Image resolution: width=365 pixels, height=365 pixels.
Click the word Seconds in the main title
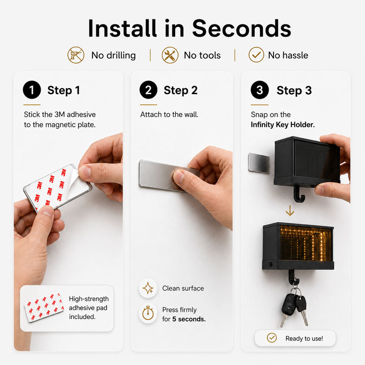[x=241, y=28]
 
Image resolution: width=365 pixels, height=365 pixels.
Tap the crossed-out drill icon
[x=76, y=55]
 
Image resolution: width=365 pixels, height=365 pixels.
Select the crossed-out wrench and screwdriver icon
[x=170, y=55]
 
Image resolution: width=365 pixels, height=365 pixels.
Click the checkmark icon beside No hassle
[x=256, y=55]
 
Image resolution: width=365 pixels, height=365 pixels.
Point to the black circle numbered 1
[x=32, y=90]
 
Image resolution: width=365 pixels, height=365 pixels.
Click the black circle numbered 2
[x=148, y=90]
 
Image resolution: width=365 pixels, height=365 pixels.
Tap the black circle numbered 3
[x=260, y=90]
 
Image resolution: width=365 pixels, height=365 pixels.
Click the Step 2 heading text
[x=181, y=90]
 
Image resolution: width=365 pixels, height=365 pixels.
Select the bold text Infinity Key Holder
[x=282, y=125]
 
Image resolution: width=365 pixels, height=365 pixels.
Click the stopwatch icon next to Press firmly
[x=148, y=313]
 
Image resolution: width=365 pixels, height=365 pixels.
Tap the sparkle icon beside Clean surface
[x=148, y=288]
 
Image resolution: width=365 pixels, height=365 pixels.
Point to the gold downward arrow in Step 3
[x=290, y=211]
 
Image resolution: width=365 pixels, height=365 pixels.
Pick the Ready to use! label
[x=304, y=338]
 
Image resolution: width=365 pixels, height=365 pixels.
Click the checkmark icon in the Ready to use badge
[x=272, y=338]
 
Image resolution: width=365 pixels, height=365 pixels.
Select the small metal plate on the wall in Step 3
[x=259, y=163]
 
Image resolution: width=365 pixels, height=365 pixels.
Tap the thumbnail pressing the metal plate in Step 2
[x=179, y=176]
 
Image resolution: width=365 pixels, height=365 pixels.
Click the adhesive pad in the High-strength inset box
[x=44, y=307]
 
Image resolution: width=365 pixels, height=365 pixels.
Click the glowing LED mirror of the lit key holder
[x=305, y=243]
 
